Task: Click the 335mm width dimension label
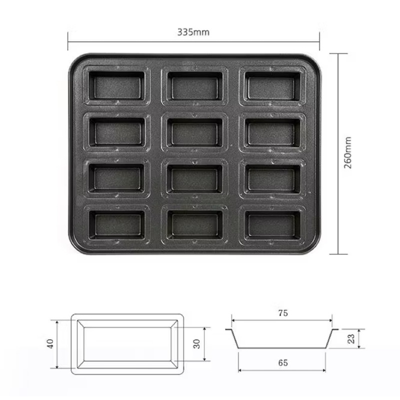click(x=193, y=32)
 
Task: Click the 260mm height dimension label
click(x=348, y=152)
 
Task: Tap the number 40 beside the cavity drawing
click(x=50, y=343)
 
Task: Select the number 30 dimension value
click(x=197, y=344)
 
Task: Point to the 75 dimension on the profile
click(x=283, y=313)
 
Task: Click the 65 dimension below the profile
click(x=283, y=362)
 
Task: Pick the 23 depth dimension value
click(x=351, y=339)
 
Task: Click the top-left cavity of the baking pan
click(x=117, y=85)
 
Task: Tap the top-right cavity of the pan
click(x=272, y=85)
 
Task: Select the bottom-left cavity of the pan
click(x=117, y=224)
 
